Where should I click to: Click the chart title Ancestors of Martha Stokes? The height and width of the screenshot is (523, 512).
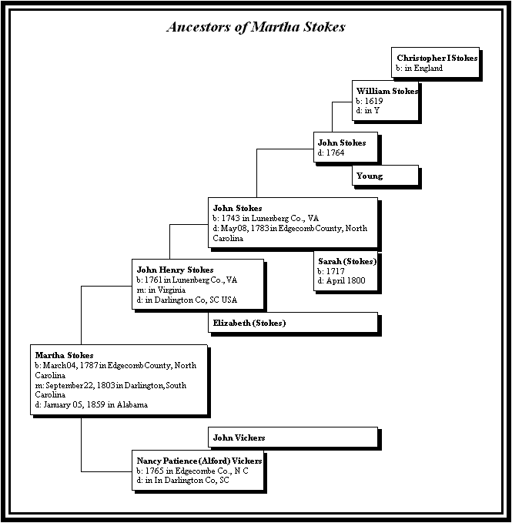(x=256, y=27)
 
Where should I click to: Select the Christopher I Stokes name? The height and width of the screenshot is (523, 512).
(x=437, y=58)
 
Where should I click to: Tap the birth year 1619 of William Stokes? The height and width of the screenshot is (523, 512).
(x=373, y=101)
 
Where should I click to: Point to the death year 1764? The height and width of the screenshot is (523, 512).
(x=335, y=153)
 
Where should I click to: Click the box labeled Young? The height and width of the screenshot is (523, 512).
(x=385, y=175)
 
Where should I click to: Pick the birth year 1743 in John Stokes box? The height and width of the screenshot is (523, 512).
(x=230, y=218)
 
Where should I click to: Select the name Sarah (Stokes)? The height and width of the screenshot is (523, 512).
(x=347, y=261)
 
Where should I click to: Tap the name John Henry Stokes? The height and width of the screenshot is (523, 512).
(x=175, y=270)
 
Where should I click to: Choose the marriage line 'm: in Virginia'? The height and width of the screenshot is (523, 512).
(x=161, y=290)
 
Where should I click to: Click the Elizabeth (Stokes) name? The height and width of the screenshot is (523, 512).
(x=249, y=323)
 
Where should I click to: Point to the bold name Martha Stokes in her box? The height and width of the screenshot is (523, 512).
(x=64, y=355)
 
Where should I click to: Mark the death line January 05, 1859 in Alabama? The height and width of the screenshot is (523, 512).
(x=92, y=404)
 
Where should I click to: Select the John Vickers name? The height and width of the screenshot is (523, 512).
(x=239, y=438)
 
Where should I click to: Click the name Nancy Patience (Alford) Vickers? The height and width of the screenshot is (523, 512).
(x=199, y=461)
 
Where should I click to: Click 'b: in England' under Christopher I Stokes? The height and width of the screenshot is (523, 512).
(x=420, y=68)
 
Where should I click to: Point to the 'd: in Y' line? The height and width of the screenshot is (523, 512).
(x=368, y=110)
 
